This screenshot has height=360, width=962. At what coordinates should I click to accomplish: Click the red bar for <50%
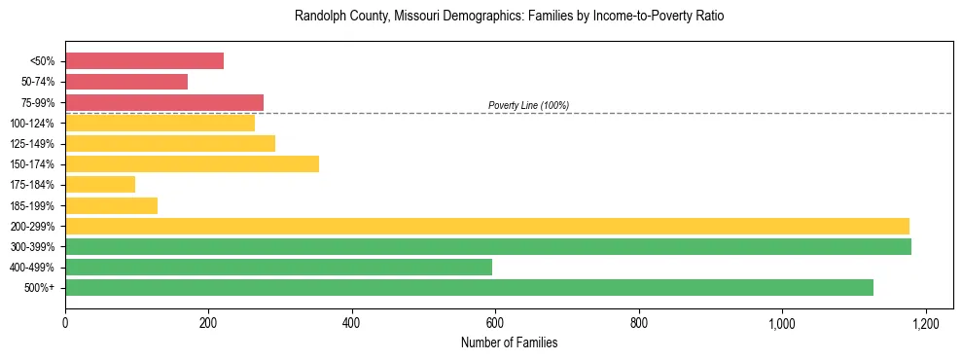pyautogui.click(x=144, y=61)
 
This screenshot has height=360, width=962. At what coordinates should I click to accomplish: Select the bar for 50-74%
pyautogui.click(x=126, y=82)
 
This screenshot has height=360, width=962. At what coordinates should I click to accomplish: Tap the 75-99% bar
pyautogui.click(x=164, y=102)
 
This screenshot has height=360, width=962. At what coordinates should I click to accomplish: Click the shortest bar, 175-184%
pyautogui.click(x=100, y=184)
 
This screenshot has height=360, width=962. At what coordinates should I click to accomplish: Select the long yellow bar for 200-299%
pyautogui.click(x=487, y=226)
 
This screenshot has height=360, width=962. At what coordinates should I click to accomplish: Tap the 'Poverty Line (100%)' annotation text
pyautogui.click(x=528, y=105)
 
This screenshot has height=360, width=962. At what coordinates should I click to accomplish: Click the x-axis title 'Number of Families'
pyautogui.click(x=509, y=343)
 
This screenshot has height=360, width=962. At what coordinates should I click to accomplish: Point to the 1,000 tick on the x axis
pyautogui.click(x=782, y=322)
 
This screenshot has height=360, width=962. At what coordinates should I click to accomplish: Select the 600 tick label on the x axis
pyautogui.click(x=495, y=322)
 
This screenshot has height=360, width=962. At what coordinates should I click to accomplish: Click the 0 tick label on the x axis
pyautogui.click(x=65, y=322)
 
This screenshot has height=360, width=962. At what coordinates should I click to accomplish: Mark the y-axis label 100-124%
pyautogui.click(x=32, y=124)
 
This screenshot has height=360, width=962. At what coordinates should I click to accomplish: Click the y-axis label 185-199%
pyautogui.click(x=32, y=205)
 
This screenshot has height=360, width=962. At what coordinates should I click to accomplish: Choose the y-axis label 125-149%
pyautogui.click(x=32, y=144)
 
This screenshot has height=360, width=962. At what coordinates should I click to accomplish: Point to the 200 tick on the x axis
pyautogui.click(x=208, y=322)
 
